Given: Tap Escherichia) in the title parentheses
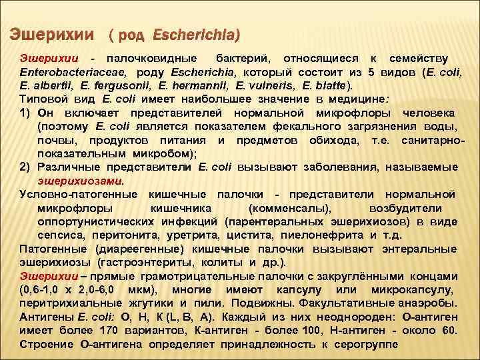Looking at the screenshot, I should [x=196, y=33].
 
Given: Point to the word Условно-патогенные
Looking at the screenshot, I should [x=77, y=195].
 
